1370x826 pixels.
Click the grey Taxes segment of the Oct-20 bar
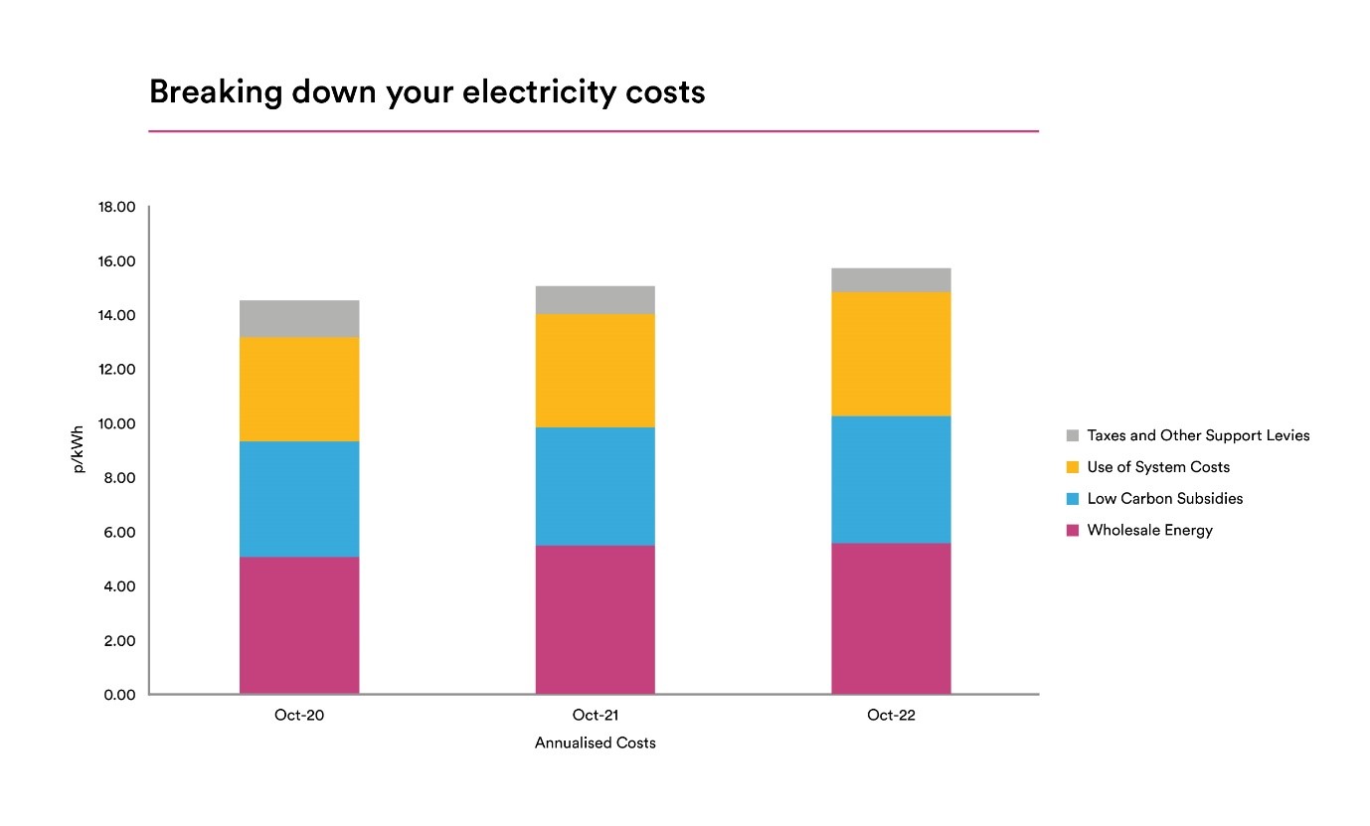[299, 318]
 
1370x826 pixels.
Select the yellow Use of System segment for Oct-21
[596, 371]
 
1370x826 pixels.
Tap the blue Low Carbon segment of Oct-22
[891, 480]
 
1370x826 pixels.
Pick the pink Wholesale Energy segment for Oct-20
[299, 625]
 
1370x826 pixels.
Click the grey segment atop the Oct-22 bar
[891, 280]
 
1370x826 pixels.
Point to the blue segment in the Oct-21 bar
[596, 487]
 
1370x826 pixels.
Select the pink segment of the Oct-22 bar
[891, 618]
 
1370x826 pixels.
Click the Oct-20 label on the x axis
[299, 715]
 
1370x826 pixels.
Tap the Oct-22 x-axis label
[891, 715]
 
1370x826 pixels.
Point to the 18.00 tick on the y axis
[116, 207]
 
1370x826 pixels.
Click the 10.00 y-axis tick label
[116, 423]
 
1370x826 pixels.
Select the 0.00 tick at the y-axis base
[120, 695]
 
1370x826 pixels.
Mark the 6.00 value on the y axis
[120, 532]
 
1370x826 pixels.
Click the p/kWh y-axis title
[78, 449]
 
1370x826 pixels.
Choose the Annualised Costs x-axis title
[596, 743]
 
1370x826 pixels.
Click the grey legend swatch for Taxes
[1072, 435]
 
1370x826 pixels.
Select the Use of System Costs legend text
[1158, 467]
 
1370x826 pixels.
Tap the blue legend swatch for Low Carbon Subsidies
[1072, 499]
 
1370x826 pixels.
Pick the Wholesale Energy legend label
[1150, 530]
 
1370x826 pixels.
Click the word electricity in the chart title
[539, 92]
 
